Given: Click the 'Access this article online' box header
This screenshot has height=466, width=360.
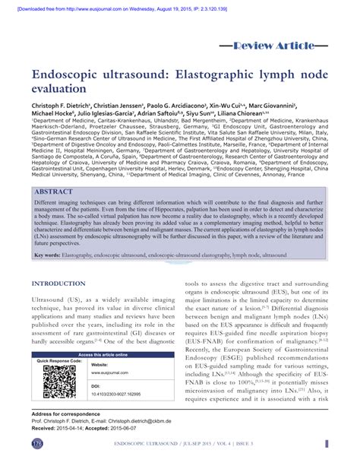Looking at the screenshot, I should pos(103,355).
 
